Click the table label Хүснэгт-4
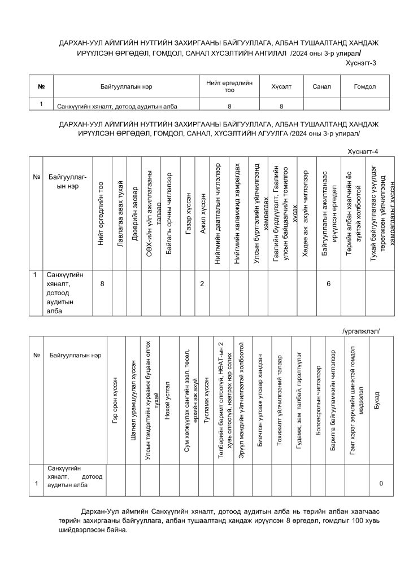point(362,151)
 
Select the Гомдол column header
point(364,87)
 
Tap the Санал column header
point(321,87)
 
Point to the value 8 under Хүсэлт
point(281,106)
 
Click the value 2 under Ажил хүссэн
point(202,283)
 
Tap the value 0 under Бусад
point(381,484)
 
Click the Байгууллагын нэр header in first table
point(127,87)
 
